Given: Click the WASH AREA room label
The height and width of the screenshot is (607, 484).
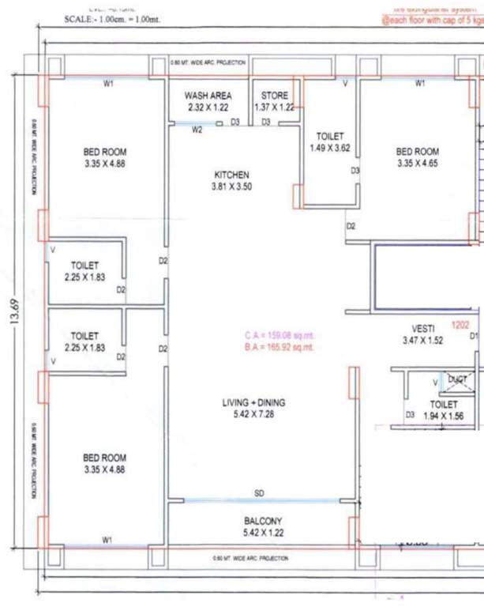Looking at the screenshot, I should (x=208, y=96).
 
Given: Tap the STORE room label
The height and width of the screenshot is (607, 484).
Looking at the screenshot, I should (x=275, y=96).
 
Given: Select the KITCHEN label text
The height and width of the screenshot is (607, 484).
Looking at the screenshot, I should (x=231, y=175).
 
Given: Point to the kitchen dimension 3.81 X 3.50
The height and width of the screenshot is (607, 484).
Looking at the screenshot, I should (x=231, y=187).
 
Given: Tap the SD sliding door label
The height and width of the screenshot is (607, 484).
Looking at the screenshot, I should (x=259, y=494).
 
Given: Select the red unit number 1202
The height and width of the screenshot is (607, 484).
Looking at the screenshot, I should (x=460, y=324).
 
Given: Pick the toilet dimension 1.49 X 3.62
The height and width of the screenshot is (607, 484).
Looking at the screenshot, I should (x=328, y=147).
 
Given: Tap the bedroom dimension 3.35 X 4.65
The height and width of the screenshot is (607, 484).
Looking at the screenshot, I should (x=417, y=164).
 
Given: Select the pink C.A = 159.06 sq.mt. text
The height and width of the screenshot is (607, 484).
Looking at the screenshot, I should (x=280, y=335).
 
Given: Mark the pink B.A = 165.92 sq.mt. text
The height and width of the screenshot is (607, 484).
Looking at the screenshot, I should (x=280, y=347).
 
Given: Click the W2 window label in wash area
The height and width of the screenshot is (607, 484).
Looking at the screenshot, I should (x=197, y=130).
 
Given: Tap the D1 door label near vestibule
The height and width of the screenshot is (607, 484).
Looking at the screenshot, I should (x=475, y=337).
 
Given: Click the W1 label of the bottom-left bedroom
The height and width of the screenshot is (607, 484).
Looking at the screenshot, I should (x=107, y=539).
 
